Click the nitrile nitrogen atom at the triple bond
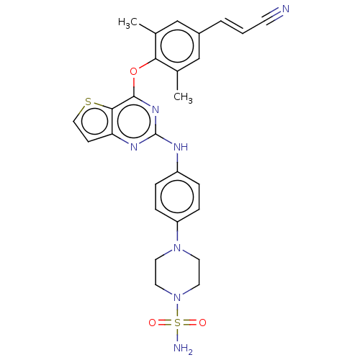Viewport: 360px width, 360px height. coord(286,9)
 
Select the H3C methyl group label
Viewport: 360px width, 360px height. coord(127,23)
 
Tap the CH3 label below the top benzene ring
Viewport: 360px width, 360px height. coord(183,97)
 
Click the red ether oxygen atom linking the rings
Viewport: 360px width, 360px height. coord(133,71)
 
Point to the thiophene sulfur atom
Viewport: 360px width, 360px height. coord(89,102)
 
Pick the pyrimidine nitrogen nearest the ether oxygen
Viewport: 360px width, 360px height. coord(156,109)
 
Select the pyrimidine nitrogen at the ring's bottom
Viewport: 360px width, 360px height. coord(134,147)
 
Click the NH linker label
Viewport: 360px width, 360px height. coord(181,147)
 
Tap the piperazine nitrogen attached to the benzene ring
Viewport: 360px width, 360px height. coord(177,247)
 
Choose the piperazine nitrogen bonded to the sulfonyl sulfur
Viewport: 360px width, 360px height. coord(177,297)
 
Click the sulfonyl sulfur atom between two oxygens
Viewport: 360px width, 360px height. coord(177,323)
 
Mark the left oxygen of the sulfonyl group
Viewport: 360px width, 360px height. coord(152,323)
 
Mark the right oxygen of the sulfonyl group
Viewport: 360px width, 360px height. coord(202,323)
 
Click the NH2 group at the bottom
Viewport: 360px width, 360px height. coord(183,348)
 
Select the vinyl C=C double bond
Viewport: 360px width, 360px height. coord(232,27)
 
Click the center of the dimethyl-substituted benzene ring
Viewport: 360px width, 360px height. coord(177,46)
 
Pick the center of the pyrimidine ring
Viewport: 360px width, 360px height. coord(134,122)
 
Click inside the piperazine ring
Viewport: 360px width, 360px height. coord(177,272)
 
